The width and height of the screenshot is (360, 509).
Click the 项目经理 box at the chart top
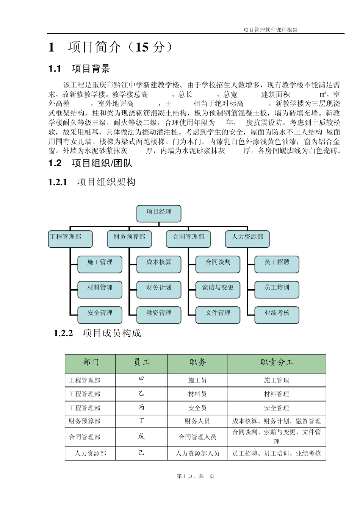click(159, 214)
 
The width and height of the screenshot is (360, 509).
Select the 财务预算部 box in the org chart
click(129, 239)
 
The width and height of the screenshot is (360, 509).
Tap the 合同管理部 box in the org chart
click(188, 239)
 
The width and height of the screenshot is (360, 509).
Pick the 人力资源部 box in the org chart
click(247, 239)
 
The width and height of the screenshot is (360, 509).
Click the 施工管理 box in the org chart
click(100, 264)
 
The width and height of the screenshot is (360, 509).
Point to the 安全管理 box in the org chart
click(100, 315)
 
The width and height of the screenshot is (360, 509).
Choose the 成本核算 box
click(159, 264)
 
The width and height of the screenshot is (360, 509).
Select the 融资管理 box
click(159, 315)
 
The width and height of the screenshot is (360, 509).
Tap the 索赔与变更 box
click(218, 289)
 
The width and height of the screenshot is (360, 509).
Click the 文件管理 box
click(218, 315)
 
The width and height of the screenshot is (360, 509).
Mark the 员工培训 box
click(277, 289)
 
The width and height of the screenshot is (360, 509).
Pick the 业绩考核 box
click(277, 315)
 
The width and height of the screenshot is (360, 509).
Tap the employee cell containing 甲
click(141, 380)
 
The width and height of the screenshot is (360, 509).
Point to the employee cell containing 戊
click(141, 437)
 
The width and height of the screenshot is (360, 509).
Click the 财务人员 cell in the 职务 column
click(197, 421)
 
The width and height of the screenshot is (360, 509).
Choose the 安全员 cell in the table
click(197, 408)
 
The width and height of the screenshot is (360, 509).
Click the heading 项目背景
click(91, 69)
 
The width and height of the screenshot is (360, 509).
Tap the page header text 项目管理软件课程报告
click(271, 30)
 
